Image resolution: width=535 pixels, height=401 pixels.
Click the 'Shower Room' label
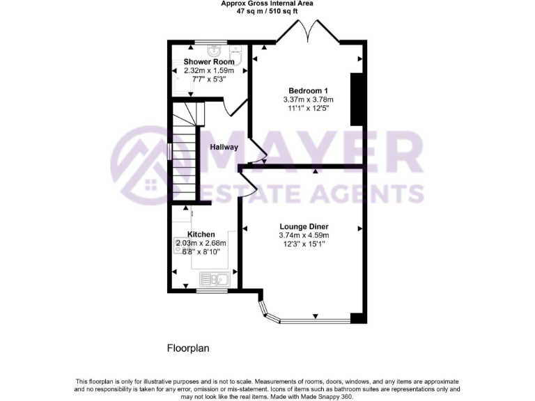point(209,62)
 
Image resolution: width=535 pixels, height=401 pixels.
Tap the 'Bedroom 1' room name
point(308,91)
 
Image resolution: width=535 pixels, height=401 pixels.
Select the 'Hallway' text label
point(224,147)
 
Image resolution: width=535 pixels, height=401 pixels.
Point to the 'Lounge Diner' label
point(304,227)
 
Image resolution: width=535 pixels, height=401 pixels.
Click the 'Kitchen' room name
point(201,235)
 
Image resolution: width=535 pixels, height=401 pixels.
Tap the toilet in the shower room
point(236,55)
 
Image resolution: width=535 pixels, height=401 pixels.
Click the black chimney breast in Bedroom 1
point(357,98)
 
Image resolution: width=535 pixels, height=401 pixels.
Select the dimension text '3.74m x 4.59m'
point(304,236)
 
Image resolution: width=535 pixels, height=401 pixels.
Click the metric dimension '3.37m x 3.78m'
point(308,100)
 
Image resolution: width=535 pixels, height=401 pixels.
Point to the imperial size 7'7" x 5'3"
point(209,79)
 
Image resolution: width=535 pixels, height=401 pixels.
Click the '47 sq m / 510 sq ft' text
point(267,12)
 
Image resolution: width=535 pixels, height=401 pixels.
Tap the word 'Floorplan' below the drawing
point(188,347)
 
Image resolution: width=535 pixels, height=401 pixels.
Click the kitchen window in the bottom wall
point(212,290)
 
